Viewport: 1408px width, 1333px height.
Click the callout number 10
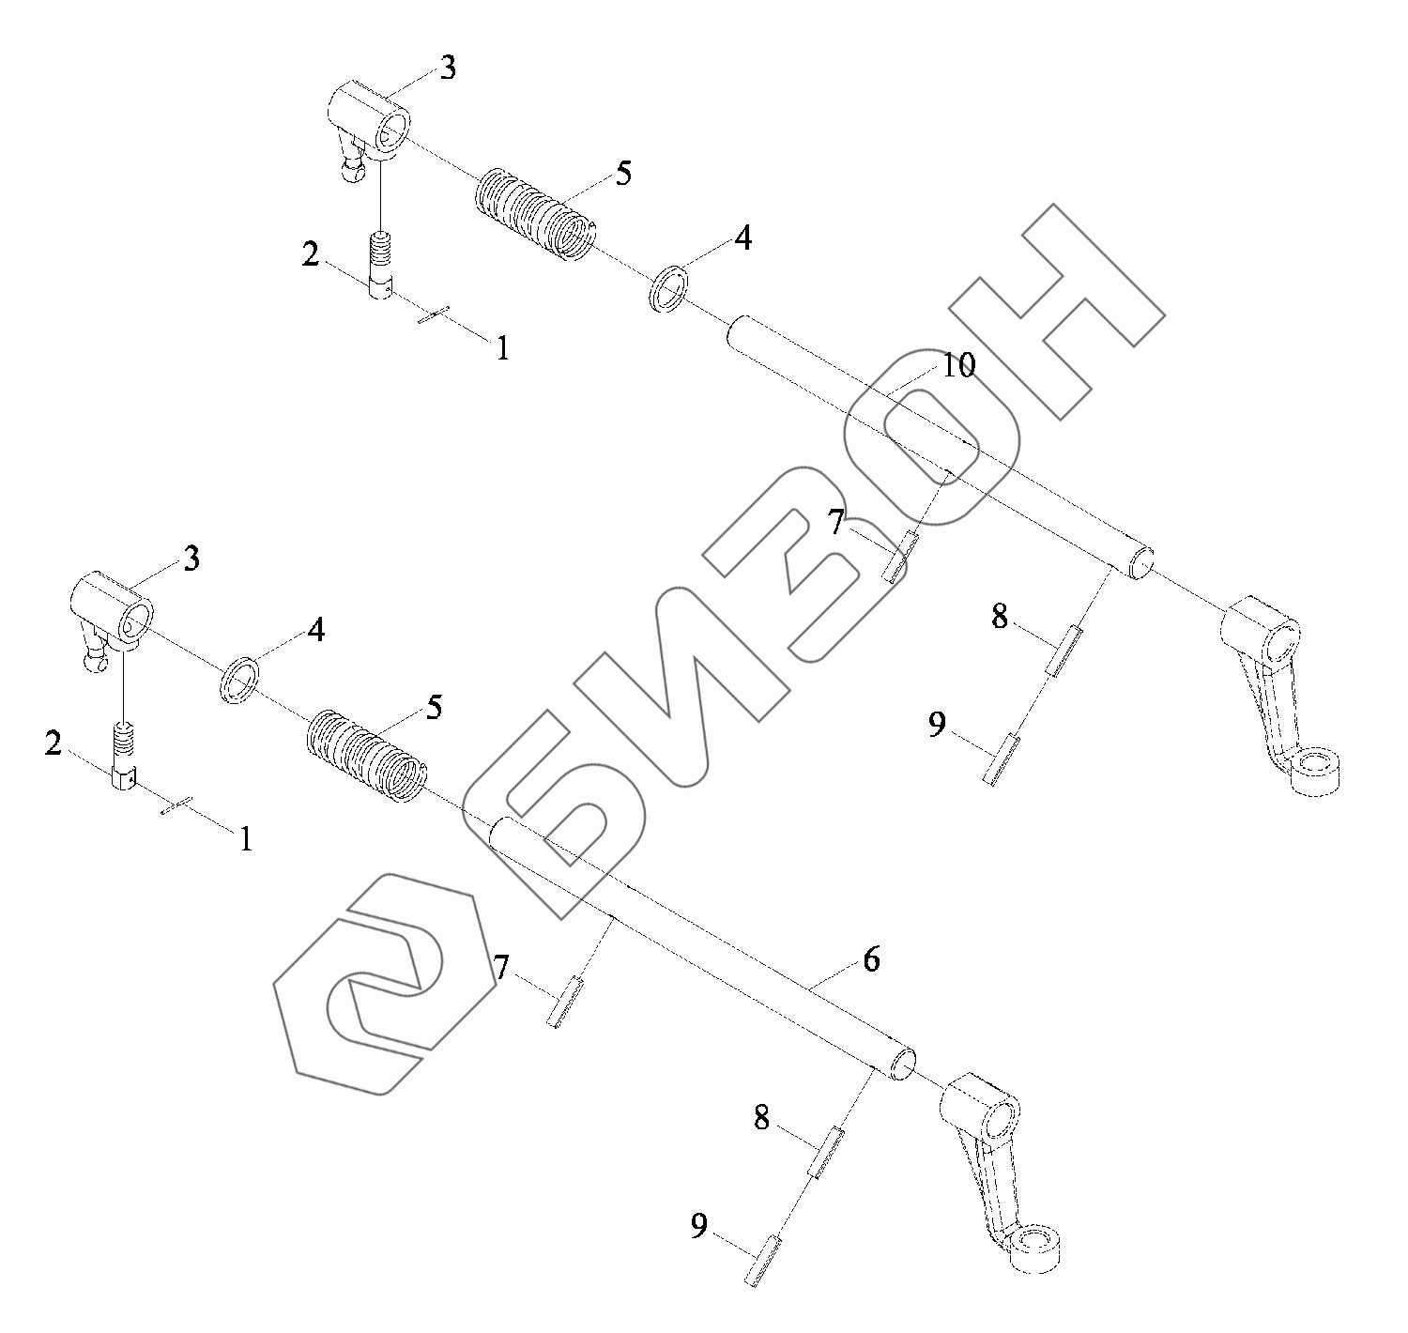(x=958, y=366)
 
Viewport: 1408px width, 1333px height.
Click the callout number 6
(x=871, y=959)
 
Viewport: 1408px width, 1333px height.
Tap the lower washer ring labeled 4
(x=240, y=679)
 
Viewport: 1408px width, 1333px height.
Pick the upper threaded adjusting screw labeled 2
(x=379, y=267)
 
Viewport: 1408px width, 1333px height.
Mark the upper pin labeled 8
(x=1064, y=652)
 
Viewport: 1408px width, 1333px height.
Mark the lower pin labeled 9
(x=764, y=1259)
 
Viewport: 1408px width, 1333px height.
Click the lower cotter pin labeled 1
(x=176, y=805)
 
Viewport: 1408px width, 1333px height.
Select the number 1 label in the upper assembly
(x=503, y=349)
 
